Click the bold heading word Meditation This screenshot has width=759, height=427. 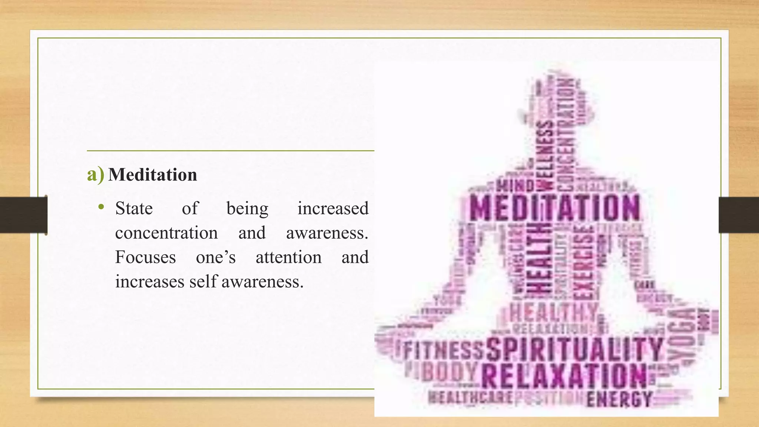152,175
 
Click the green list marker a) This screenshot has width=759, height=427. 95,175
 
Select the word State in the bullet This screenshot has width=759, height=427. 134,208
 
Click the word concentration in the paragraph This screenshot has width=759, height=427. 166,233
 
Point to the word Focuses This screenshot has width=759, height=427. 145,257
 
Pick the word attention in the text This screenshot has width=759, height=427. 288,257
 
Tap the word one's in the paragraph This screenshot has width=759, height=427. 216,257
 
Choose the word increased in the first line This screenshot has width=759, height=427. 333,208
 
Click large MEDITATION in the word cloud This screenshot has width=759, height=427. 555,208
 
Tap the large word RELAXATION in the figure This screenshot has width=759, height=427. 564,376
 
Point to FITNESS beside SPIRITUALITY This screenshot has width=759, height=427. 443,350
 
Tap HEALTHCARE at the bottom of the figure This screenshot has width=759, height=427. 470,398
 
